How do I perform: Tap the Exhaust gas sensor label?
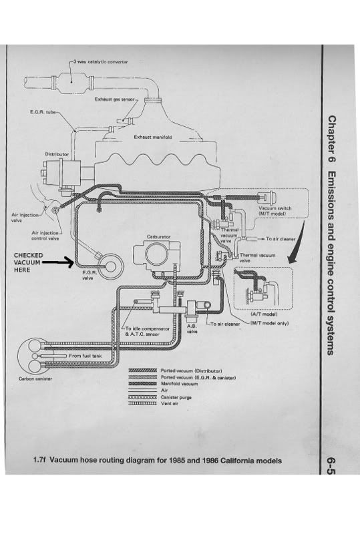(x=116, y=99)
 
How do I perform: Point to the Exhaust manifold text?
(x=153, y=137)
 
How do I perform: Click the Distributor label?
(x=57, y=154)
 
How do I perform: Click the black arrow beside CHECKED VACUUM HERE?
(x=58, y=262)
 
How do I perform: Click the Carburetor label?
(x=158, y=236)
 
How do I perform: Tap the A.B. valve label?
(x=192, y=328)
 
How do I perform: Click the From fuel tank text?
(x=85, y=356)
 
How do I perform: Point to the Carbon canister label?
(x=35, y=378)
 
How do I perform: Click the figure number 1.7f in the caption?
(x=39, y=461)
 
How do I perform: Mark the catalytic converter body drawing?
(x=71, y=81)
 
